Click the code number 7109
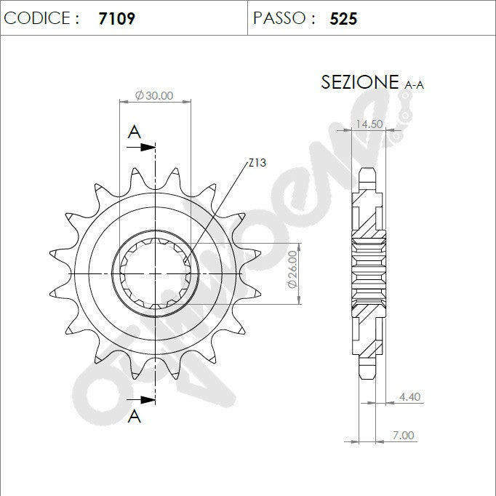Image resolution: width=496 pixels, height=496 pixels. coord(116,18)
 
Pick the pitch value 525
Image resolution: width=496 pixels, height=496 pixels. coord(343,18)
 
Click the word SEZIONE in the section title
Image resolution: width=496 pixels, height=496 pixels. coord(360,82)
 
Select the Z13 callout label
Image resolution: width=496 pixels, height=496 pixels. coord(257,163)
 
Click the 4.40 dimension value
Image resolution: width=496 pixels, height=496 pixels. coord(410,397)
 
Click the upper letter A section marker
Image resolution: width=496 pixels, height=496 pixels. coord(134,132)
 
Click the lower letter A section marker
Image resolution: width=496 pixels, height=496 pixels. coord(134,416)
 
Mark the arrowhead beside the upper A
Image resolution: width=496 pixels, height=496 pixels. coord(148,147)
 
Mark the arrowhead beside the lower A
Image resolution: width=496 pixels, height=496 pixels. coord(148,399)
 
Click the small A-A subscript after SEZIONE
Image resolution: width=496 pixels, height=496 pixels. coord(414,85)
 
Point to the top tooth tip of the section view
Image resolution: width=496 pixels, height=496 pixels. coord(369,169)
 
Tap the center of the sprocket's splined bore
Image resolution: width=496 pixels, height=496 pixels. coord(156,273)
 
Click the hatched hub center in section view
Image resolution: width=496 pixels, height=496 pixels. coord(368,272)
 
